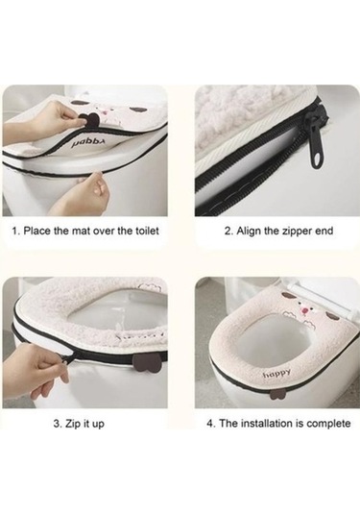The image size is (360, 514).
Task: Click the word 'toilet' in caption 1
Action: point(147,231)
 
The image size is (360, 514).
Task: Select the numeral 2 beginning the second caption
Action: point(227,232)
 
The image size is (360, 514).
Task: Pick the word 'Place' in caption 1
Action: point(37,231)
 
